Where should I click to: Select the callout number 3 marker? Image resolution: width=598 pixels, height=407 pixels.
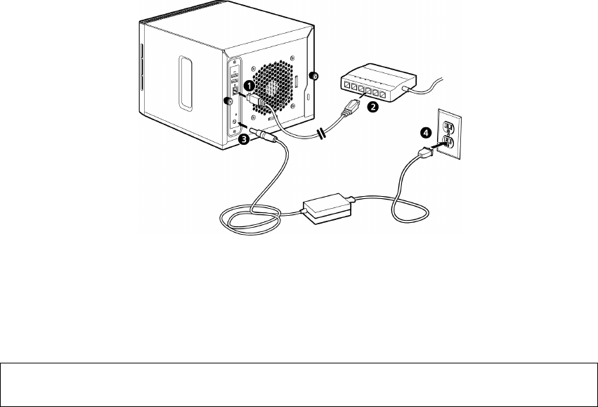[244, 139]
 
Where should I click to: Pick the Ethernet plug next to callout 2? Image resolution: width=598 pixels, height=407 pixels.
[351, 108]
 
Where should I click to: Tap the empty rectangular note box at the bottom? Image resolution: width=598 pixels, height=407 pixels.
[299, 385]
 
